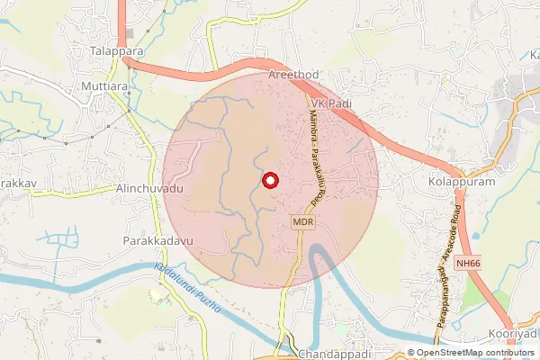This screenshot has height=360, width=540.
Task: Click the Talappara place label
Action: pos(117,52)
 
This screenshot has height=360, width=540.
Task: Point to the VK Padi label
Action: pos(330,104)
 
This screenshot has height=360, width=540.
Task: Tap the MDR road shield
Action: pos(301,220)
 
